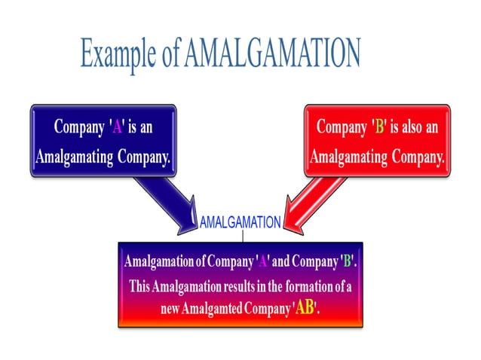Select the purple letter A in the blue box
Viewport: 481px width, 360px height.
coord(117,127)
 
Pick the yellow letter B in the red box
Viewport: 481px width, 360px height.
coord(380,127)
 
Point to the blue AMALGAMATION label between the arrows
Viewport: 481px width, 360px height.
coord(240,223)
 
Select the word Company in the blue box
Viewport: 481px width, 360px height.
coord(78,127)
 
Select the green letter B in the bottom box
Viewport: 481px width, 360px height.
coord(348,262)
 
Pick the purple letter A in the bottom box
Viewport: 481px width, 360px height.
coord(264,262)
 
